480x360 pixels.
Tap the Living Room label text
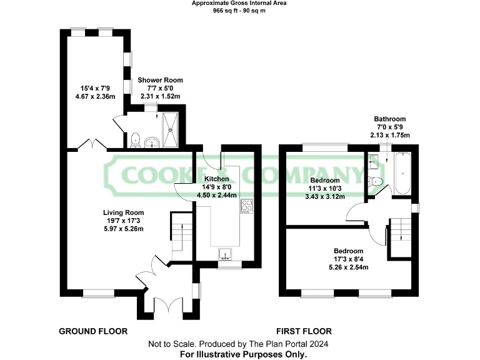click(x=123, y=212)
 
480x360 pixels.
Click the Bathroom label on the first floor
click(x=390, y=119)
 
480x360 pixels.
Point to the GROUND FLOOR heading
click(x=93, y=331)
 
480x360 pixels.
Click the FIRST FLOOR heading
click(x=304, y=331)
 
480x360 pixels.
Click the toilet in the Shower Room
click(x=134, y=139)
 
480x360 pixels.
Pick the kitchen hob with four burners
click(x=247, y=206)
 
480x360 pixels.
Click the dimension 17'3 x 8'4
click(x=348, y=259)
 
